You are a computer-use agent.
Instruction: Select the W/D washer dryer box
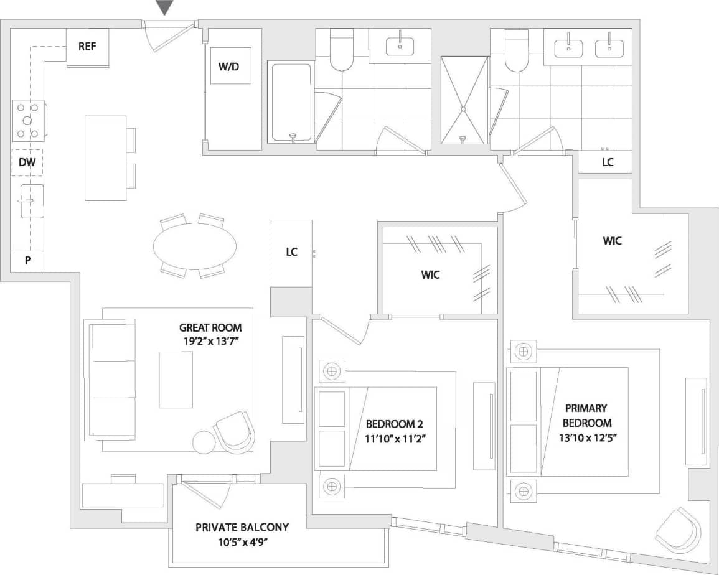click(x=230, y=65)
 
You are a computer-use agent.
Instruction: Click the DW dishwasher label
click(x=27, y=163)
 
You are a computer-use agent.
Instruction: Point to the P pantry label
click(x=27, y=261)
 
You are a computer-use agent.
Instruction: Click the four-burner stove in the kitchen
click(x=29, y=121)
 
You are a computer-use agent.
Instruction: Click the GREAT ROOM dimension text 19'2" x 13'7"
click(x=210, y=340)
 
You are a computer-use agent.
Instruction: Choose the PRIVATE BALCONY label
click(x=242, y=527)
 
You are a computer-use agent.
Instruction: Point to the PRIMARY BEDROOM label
click(x=586, y=415)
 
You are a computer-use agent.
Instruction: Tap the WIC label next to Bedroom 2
click(x=430, y=274)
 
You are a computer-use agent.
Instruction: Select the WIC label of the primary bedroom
click(x=612, y=241)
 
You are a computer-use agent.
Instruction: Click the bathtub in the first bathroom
click(x=291, y=103)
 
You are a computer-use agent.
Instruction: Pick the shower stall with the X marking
click(x=464, y=100)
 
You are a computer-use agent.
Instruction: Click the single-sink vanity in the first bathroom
click(x=400, y=45)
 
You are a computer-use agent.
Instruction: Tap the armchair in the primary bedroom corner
click(x=678, y=531)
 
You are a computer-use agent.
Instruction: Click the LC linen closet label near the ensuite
click(x=607, y=162)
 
